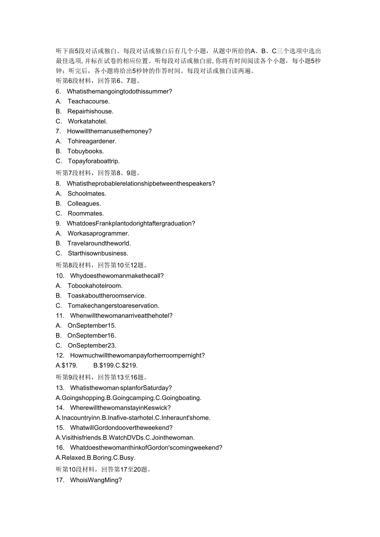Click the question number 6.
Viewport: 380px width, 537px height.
point(58,91)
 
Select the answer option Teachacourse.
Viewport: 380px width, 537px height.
point(88,101)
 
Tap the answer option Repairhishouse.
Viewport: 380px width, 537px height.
point(90,111)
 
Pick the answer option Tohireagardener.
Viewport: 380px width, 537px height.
point(92,141)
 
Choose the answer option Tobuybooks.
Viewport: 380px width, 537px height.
point(85,151)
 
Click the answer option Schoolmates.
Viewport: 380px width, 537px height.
point(87,194)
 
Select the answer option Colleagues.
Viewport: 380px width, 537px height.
point(84,203)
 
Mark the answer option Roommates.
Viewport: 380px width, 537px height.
point(85,213)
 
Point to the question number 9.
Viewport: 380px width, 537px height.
point(58,223)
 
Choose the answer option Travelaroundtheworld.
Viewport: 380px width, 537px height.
point(99,244)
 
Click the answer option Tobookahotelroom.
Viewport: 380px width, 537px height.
point(95,286)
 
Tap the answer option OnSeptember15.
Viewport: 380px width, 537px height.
point(92,326)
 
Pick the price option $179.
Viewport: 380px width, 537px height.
point(66,365)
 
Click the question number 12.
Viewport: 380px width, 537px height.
point(60,355)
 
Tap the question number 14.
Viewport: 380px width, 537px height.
point(60,408)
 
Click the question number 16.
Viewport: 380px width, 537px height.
point(60,447)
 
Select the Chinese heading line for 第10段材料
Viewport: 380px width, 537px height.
point(103,469)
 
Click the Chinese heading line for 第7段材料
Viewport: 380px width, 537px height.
point(98,173)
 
